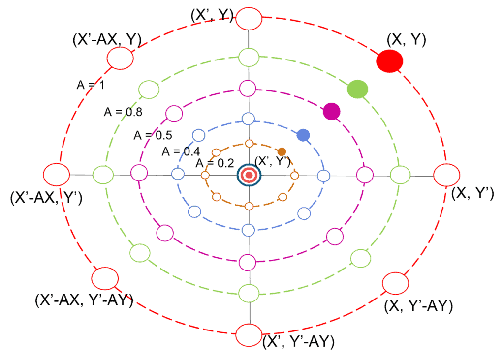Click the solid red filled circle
tap(390, 61)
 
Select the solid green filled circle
tap(357, 89)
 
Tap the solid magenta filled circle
tap(332, 112)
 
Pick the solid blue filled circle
tap(303, 134)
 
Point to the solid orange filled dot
tap(282, 151)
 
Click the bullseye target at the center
tap(249, 175)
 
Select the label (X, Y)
tap(406, 39)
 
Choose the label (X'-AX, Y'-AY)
tap(84, 300)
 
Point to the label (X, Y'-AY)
tap(418, 306)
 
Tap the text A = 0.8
tap(123, 112)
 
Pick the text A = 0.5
tap(153, 135)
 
